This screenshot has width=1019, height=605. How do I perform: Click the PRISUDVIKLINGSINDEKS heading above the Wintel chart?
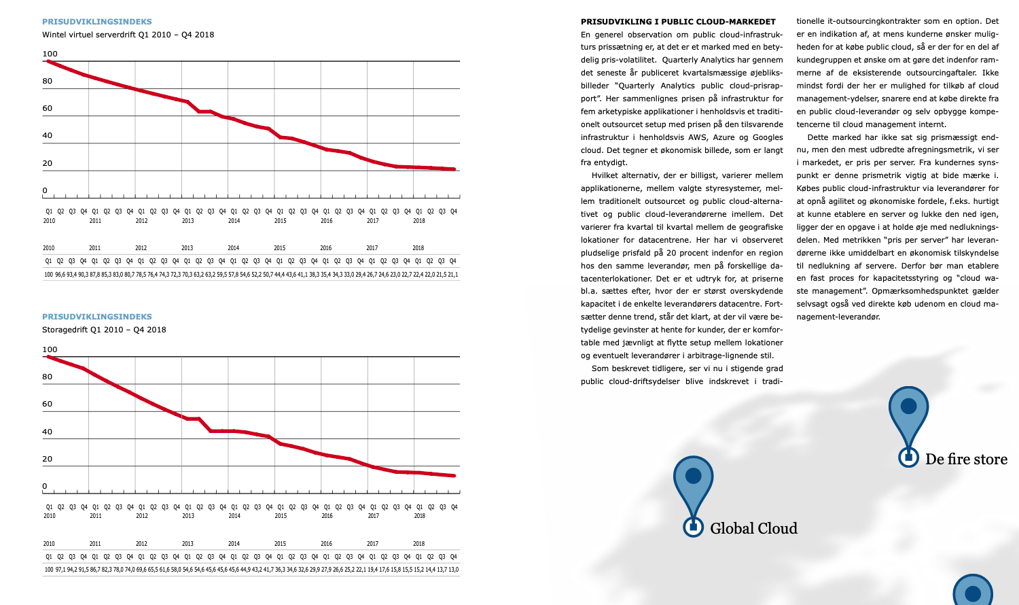97,22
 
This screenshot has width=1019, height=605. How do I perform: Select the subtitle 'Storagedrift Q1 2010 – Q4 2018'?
104,330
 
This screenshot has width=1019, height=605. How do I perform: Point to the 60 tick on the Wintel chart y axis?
48,108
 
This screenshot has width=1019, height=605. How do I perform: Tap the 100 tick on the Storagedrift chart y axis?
50,349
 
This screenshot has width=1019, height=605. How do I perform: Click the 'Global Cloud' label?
753,528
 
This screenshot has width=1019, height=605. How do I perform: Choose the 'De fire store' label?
966,459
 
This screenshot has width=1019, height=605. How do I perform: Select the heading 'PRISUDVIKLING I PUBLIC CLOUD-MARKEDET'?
678,22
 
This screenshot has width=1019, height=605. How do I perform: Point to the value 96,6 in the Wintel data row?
60,275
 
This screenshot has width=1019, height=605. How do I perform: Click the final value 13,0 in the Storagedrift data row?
453,570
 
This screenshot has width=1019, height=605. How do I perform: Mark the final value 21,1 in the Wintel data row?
453,275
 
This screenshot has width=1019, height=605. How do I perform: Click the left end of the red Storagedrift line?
48,357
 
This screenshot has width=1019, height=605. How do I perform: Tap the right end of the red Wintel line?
454,169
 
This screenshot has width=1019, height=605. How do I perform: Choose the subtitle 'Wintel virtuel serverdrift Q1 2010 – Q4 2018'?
128,35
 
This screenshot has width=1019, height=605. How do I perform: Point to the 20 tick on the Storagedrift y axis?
48,459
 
